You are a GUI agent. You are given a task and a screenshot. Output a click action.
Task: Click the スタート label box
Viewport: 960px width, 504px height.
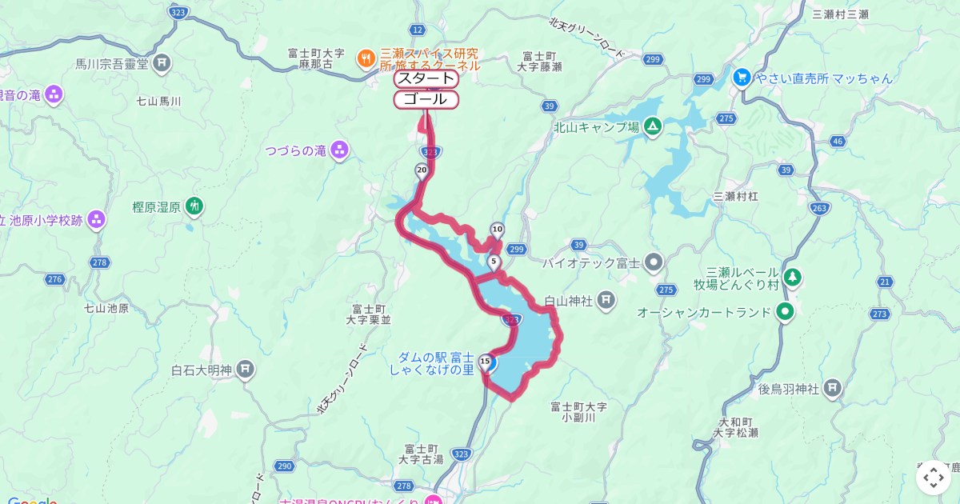(426, 78)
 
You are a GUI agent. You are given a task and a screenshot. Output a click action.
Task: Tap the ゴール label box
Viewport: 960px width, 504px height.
(426, 99)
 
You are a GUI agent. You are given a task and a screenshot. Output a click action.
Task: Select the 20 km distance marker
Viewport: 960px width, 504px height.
(422, 170)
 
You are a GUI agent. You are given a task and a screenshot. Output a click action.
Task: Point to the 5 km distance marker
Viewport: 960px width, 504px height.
(494, 262)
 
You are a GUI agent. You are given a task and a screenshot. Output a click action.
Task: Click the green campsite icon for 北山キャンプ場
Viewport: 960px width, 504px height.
(653, 126)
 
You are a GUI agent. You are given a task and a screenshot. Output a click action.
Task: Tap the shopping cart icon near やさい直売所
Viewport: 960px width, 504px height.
(741, 78)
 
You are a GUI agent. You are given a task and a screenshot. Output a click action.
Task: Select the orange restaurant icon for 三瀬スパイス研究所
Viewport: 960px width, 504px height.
(366, 57)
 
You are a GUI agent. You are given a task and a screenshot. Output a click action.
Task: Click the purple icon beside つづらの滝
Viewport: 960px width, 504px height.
(340, 150)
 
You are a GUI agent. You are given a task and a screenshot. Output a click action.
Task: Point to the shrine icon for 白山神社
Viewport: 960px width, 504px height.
(606, 300)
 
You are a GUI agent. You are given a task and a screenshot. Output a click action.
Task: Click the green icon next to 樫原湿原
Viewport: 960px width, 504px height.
(194, 206)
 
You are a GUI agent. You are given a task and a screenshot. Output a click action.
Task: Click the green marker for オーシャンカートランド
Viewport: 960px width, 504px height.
(786, 312)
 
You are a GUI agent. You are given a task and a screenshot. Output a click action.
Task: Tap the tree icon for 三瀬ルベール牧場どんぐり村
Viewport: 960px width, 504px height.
(792, 278)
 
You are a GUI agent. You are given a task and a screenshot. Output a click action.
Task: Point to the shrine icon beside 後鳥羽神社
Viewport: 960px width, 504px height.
(833, 389)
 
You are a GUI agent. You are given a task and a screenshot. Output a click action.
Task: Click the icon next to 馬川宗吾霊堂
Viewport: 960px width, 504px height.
(162, 62)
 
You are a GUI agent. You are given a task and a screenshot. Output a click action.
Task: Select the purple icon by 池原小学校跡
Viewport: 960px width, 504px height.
(97, 219)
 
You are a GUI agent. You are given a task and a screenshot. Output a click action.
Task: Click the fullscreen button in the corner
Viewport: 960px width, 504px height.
(933, 478)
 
